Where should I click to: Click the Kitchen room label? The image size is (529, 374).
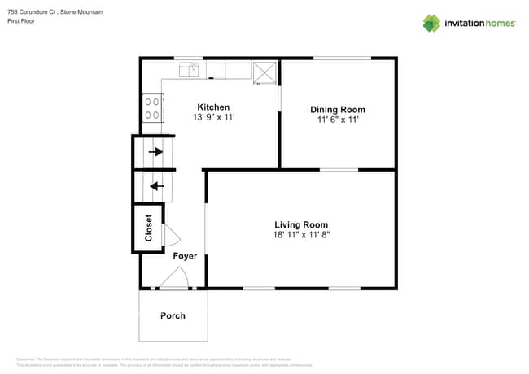pos(212,107)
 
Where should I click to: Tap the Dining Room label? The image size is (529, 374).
pos(337,109)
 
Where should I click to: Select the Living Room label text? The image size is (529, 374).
pos(301,224)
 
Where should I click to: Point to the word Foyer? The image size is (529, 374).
pos(185,256)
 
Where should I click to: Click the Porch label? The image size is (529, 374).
pos(173,315)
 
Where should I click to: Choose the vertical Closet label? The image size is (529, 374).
pos(149,228)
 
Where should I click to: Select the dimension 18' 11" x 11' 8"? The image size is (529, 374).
pos(301,235)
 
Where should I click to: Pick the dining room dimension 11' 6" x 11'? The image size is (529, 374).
pos(337,120)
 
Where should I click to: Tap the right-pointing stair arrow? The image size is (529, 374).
pos(155,151)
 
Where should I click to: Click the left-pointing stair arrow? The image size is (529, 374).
pos(156,185)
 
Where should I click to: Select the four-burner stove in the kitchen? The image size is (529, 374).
pos(152,108)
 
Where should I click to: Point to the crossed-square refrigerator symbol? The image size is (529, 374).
pos(264,72)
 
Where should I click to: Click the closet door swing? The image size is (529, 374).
pos(171,235)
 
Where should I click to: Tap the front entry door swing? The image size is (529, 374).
pos(173,280)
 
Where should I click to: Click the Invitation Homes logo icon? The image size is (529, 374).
pos(431,23)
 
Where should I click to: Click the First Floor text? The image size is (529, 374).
pos(23,21)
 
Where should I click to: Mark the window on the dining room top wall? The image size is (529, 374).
pos(342,58)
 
